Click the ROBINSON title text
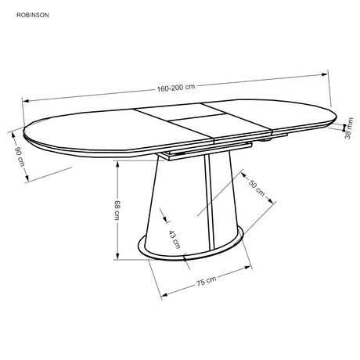point(33,15)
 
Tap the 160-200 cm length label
point(176,88)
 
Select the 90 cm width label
point(20,157)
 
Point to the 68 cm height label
point(117,210)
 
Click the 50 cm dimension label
point(257,188)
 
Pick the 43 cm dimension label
point(175,239)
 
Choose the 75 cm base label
point(206,281)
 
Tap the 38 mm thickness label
point(348,128)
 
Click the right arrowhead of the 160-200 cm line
point(325,74)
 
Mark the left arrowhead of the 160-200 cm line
point(26,101)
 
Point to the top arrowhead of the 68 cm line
point(117,164)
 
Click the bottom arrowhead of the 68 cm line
point(117,256)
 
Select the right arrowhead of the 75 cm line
point(248,267)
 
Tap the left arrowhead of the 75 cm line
point(164,295)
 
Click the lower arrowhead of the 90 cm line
point(27,178)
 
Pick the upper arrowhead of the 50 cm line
point(244,176)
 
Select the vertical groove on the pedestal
point(210,201)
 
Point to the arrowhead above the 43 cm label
point(165,220)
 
